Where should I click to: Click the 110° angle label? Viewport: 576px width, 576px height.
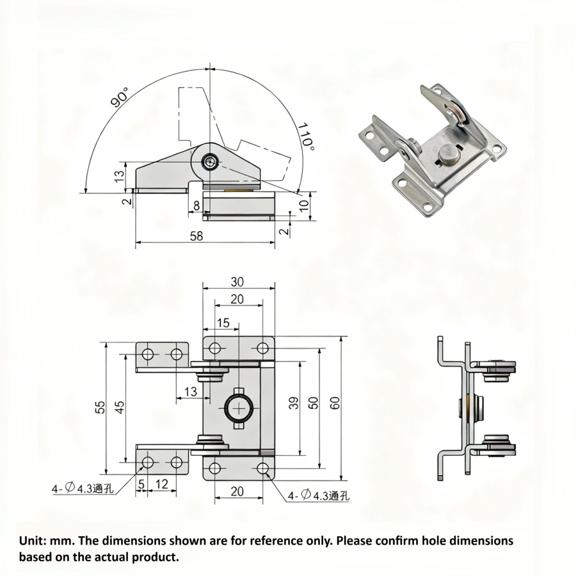[x=306, y=136]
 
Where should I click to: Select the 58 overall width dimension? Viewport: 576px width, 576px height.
[x=196, y=236]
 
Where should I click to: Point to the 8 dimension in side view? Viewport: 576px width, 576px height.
[x=196, y=205]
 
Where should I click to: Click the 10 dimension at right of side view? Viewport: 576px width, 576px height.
[x=304, y=205]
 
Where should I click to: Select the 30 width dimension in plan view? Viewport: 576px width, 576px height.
[x=237, y=282]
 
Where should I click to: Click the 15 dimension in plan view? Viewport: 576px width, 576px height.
[x=223, y=323]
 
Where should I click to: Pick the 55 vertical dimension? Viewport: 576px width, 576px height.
[x=100, y=408]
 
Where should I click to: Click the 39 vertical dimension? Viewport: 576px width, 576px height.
[x=293, y=403]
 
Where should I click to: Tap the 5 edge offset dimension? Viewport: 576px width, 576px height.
[x=141, y=484]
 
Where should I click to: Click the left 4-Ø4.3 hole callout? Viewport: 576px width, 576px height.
[x=83, y=489]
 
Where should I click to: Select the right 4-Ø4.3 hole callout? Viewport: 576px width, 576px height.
[x=318, y=495]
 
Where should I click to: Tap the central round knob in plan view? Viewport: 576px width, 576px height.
[x=238, y=408]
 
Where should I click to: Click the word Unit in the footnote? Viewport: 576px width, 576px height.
[x=32, y=541]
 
